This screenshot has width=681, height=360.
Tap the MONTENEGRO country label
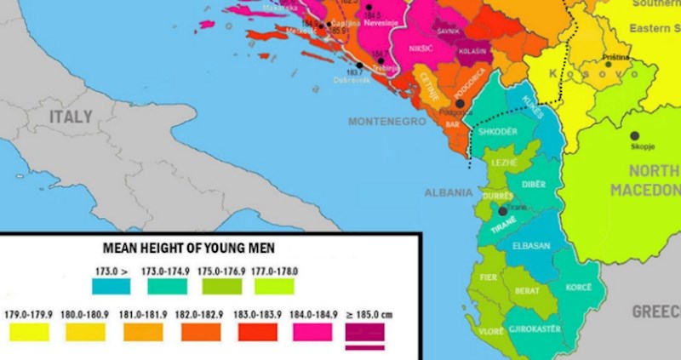coord(386,122)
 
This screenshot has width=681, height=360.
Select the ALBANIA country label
coord(449,192)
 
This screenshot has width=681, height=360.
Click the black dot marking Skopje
coord(634,135)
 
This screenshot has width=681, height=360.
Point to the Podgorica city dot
coord(461,104)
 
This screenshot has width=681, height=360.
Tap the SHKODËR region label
coord(499,132)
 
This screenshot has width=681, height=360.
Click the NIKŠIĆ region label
coord(421,49)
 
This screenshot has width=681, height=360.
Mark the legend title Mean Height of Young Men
coord(195,249)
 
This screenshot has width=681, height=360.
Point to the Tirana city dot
coord(503,210)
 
